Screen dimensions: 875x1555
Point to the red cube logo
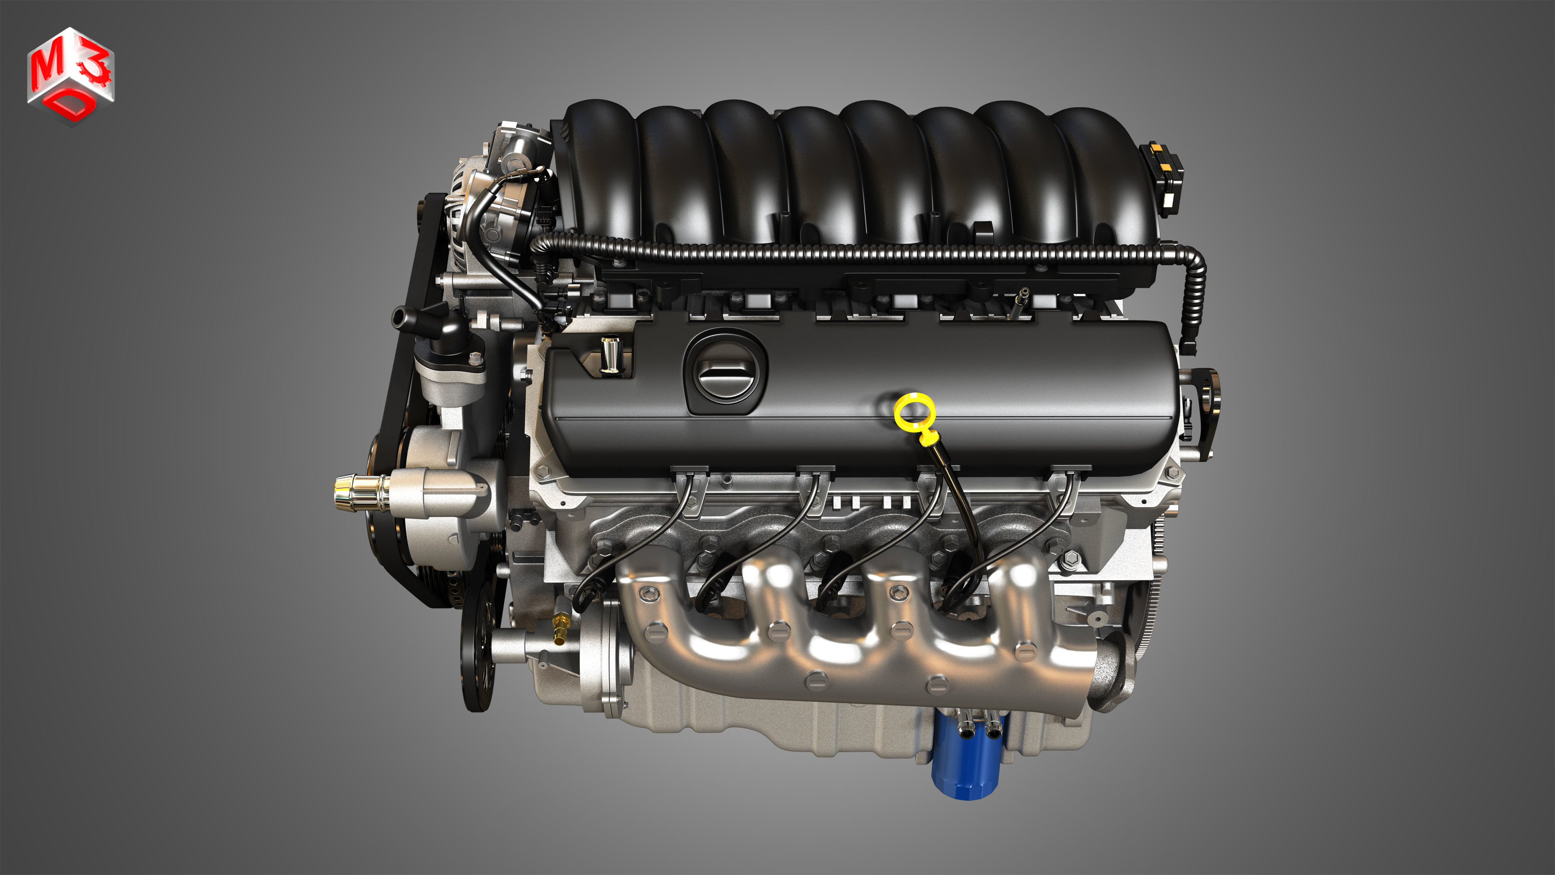point(71,75)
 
